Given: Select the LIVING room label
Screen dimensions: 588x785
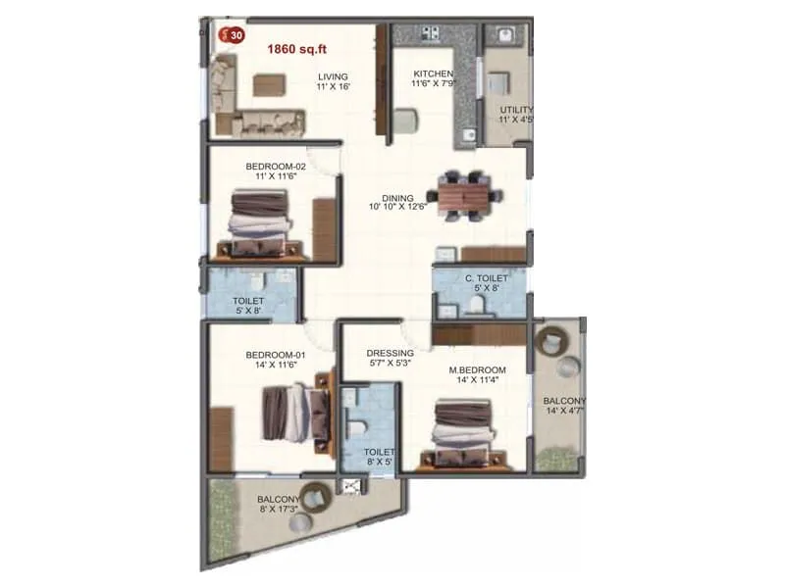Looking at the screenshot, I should pyautogui.click(x=333, y=76).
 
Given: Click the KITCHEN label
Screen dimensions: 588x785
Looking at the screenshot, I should pyautogui.click(x=432, y=73).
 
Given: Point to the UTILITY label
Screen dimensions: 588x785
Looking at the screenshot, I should pyautogui.click(x=516, y=109).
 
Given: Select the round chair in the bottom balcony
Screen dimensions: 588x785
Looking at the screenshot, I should pyautogui.click(x=316, y=499).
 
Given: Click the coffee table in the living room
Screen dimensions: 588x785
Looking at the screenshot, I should pyautogui.click(x=269, y=85).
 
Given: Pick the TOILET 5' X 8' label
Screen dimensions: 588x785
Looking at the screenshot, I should pyautogui.click(x=247, y=305).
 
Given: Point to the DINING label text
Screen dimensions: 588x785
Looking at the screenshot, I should pyautogui.click(x=397, y=197).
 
